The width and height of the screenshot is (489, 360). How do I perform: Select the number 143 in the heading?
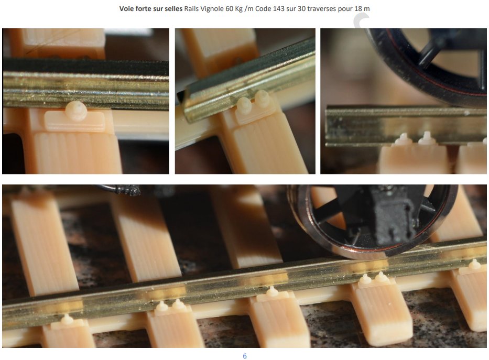(x=279, y=8)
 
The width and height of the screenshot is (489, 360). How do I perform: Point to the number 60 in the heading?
(x=230, y=8)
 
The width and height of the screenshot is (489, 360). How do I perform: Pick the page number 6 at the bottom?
(x=245, y=356)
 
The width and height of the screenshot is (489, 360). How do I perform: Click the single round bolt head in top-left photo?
(x=77, y=111)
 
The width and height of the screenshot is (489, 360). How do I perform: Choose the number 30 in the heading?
(x=301, y=8)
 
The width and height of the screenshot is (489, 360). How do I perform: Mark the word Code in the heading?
(x=263, y=8)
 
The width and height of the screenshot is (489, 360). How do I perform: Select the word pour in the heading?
(x=345, y=9)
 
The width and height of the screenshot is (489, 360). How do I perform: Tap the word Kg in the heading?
(x=239, y=9)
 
